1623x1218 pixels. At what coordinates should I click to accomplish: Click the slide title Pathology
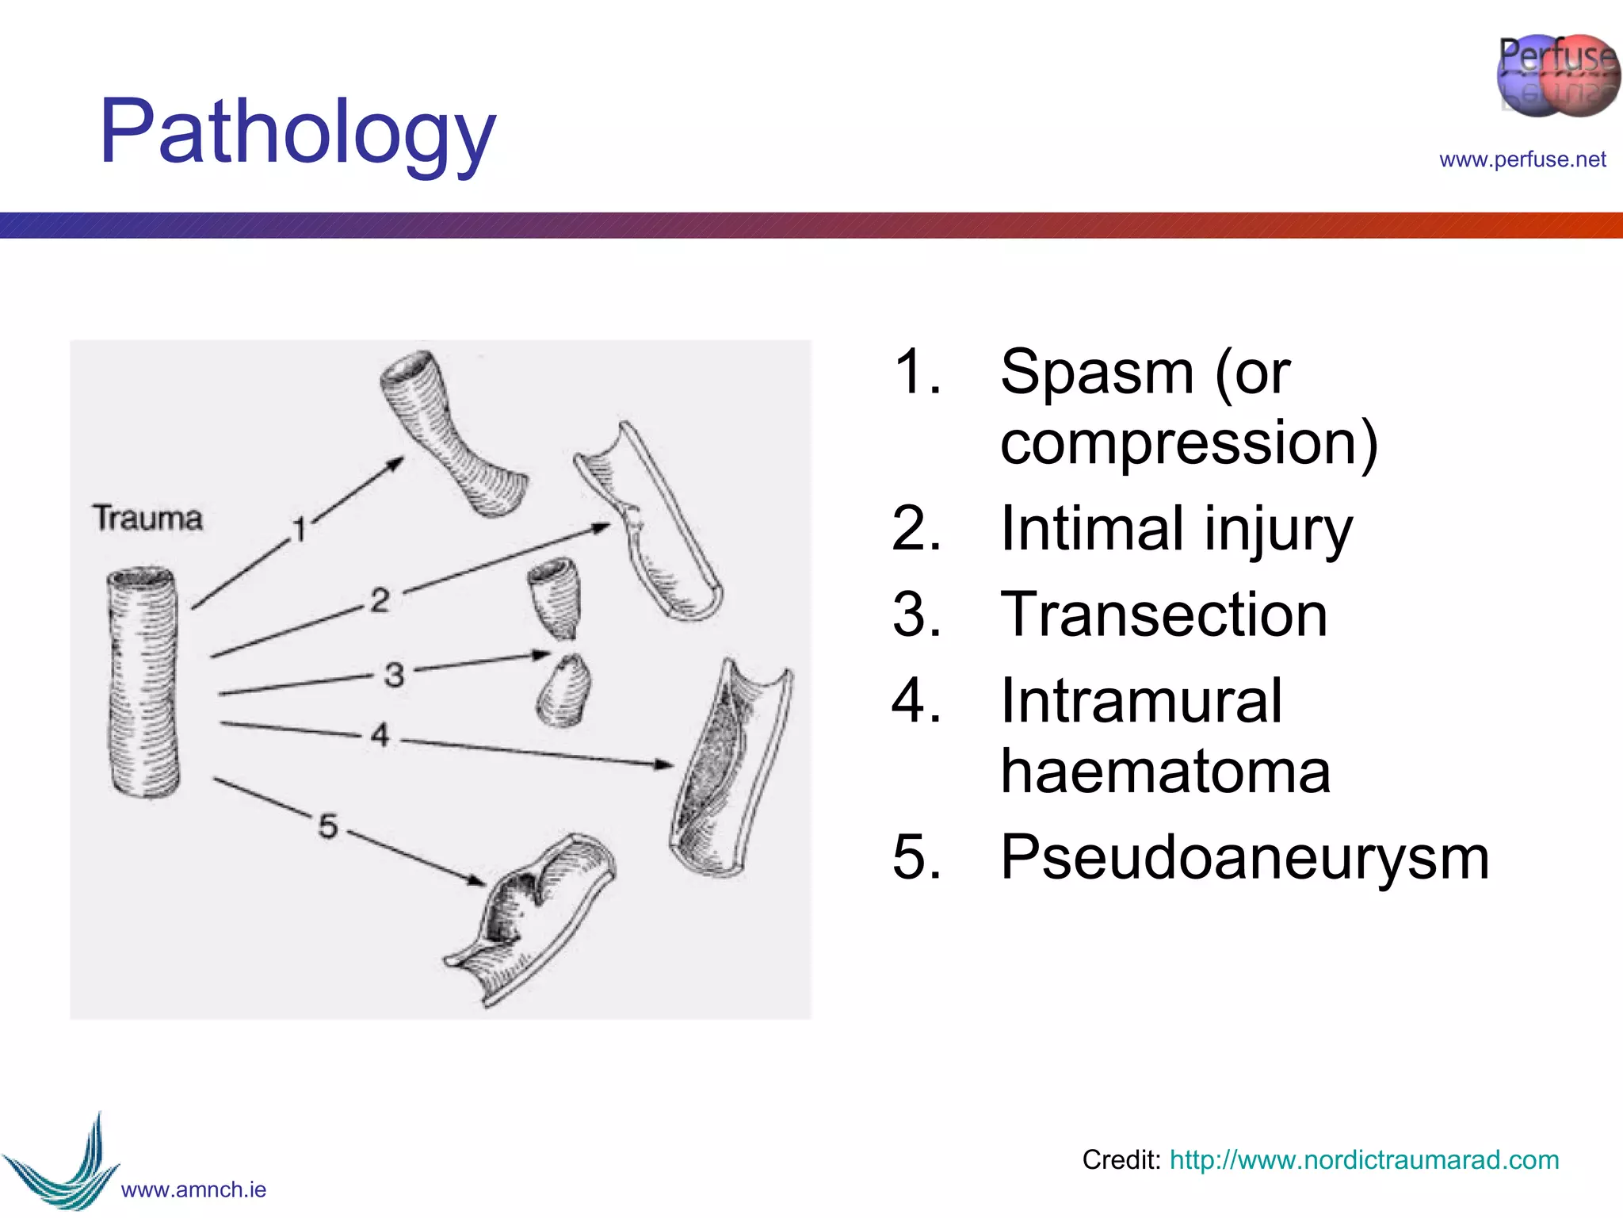tap(297, 132)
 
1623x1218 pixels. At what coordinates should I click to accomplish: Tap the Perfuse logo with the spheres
tap(1557, 76)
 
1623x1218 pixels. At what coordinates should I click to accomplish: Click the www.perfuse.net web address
tap(1522, 159)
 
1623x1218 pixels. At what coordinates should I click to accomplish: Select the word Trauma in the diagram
tap(148, 518)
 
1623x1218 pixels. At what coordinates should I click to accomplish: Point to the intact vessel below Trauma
tap(143, 682)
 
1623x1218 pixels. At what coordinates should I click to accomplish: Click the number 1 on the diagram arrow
tap(300, 529)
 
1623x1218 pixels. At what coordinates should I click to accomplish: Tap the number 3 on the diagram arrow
tap(394, 675)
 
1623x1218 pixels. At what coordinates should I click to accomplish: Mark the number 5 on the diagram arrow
tap(328, 825)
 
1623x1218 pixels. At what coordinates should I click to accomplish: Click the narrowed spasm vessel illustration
tap(452, 432)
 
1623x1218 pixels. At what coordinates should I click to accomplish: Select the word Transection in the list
tap(1163, 615)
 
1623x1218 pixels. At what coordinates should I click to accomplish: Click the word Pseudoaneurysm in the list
tap(1244, 857)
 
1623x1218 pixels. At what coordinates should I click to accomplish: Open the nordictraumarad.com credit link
tap(1363, 1159)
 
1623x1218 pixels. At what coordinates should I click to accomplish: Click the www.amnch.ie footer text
tap(193, 1189)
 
